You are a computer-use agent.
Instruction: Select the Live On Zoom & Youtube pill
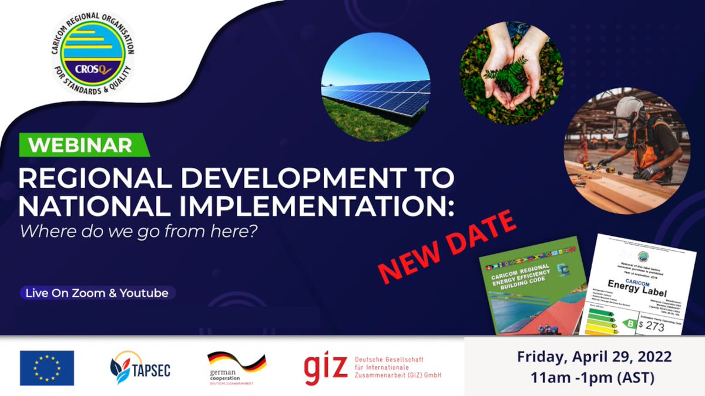point(98,292)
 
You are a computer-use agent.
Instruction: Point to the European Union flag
point(47,368)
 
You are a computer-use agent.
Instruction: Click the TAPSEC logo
point(140,368)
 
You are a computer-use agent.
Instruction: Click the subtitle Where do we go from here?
point(139,231)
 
